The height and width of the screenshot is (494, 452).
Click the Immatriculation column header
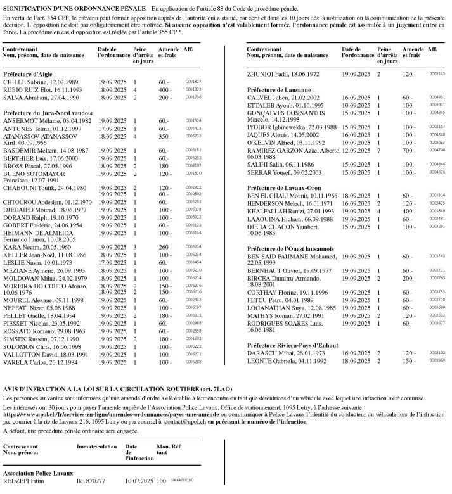point(96,447)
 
